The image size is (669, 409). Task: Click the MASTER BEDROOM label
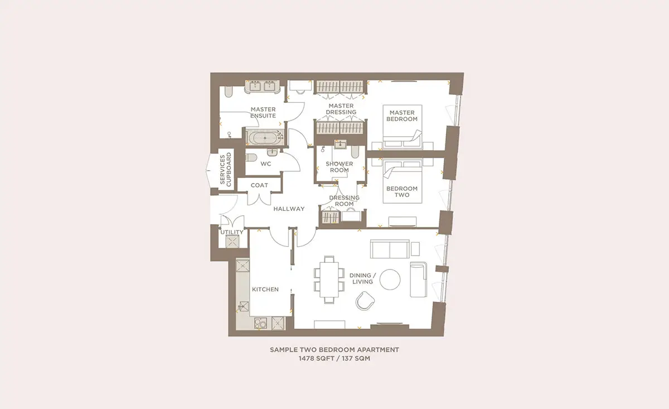tap(402, 116)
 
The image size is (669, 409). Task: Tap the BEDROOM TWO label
tap(402, 191)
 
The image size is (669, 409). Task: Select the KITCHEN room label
tap(265, 290)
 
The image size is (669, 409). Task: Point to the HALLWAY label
tap(289, 209)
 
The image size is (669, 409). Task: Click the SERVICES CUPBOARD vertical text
tap(225, 170)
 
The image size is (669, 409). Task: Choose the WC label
tap(266, 164)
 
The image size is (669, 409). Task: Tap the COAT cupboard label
tap(259, 185)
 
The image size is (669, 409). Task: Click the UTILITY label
tap(232, 232)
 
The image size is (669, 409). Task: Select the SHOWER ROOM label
tap(340, 167)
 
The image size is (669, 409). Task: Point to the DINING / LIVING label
tap(362, 278)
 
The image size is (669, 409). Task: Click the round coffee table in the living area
tap(390, 279)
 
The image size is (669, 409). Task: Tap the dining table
tap(329, 279)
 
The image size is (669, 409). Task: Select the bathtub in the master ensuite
tap(265, 138)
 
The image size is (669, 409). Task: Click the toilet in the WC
tap(251, 157)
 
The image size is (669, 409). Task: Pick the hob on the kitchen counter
tap(260, 323)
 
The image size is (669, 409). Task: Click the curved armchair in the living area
tap(365, 301)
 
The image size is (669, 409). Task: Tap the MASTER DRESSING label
tap(341, 109)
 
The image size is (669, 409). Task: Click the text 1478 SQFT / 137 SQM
tap(334, 358)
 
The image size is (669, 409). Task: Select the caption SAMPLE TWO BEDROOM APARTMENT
tap(334, 349)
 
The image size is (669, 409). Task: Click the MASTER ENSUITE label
tap(263, 112)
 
